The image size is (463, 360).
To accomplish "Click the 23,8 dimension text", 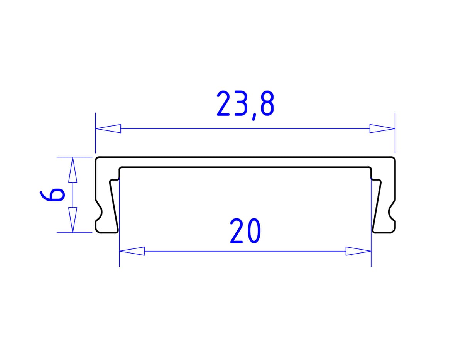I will click(245, 105).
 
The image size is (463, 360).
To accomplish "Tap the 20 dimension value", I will click(245, 231).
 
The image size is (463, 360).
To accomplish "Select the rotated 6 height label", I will click(51, 195).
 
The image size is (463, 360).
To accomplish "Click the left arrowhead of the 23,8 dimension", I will click(108, 128).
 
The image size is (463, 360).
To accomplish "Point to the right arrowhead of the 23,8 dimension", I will click(382, 128).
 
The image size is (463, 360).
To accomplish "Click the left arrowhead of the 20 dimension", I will click(132, 251).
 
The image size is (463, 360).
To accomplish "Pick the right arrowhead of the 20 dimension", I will click(358, 251).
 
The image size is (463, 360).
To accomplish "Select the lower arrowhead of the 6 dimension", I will click(73, 220).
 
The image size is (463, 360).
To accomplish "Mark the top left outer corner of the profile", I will click(96, 158).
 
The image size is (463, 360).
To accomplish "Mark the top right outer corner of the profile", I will click(395, 158).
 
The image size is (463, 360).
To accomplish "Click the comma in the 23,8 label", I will click(253, 116).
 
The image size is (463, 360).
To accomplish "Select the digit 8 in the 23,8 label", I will click(267, 105).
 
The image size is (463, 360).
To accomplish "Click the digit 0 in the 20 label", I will click(253, 231).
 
